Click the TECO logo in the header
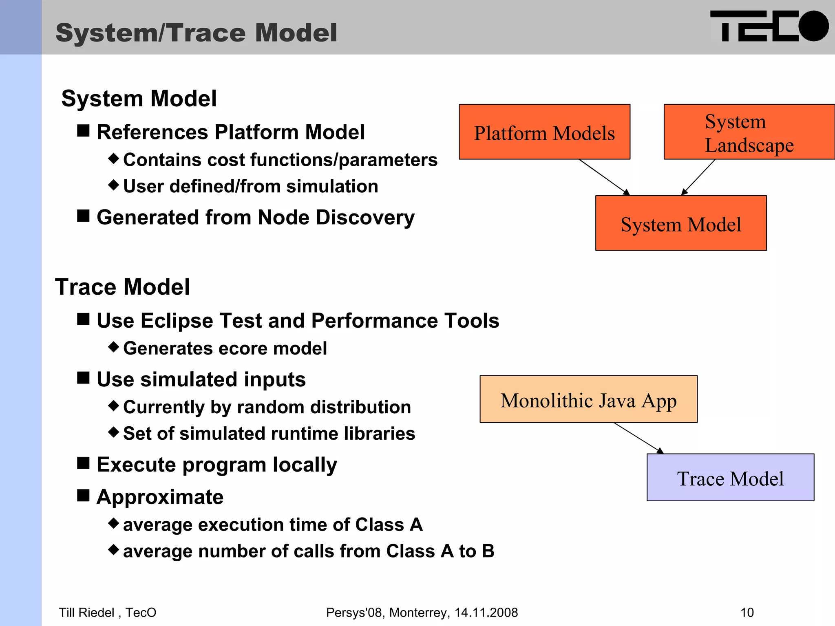769,27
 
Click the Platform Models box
544,132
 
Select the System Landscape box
749,132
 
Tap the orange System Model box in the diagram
680,223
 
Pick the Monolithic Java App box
588,399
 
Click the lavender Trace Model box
730,478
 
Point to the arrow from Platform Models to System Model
604,177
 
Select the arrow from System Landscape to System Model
698,177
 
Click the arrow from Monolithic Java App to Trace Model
638,438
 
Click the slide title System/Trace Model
196,33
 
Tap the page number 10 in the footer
747,613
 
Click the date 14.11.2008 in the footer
486,613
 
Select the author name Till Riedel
86,613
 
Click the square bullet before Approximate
84,496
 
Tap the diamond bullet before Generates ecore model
114,347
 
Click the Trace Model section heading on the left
122,287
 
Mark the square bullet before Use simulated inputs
84,378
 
